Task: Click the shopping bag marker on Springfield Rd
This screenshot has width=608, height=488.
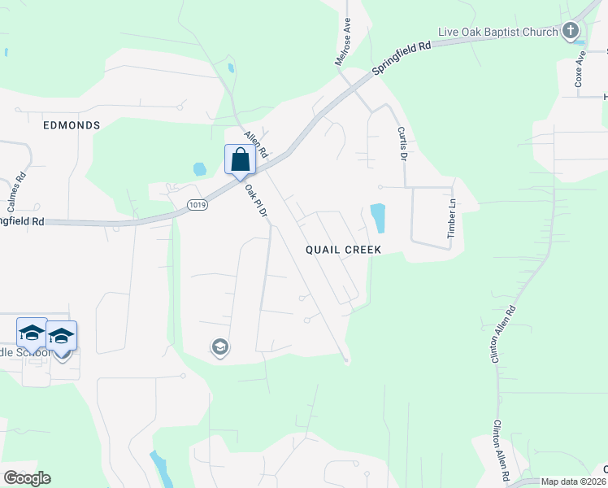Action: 240,159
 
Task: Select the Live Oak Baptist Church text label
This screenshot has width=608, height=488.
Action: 497,32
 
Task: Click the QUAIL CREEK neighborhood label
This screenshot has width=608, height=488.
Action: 343,250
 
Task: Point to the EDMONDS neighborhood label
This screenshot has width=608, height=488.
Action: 72,125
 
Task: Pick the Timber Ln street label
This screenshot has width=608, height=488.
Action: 452,220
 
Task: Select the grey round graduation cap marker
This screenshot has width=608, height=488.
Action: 219,348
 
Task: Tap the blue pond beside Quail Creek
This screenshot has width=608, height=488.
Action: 377,217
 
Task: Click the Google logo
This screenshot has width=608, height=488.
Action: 27,478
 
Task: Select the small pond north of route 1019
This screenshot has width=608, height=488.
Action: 199,169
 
